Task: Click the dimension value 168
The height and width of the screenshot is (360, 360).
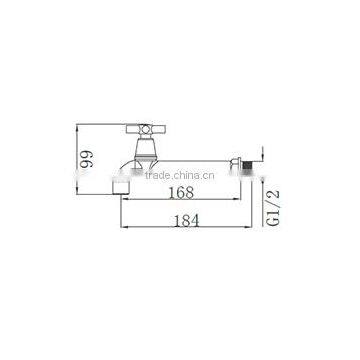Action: (x=181, y=192)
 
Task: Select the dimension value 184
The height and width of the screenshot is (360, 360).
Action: (x=186, y=220)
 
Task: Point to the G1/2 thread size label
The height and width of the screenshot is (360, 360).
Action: (x=274, y=208)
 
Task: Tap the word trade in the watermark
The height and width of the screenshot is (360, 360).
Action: (x=157, y=175)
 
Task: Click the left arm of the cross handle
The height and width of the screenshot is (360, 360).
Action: (x=133, y=129)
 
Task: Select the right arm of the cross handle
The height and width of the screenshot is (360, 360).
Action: (x=159, y=129)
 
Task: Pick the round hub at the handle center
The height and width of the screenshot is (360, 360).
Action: (x=146, y=129)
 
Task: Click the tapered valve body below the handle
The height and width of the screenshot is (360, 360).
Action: (x=145, y=147)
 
